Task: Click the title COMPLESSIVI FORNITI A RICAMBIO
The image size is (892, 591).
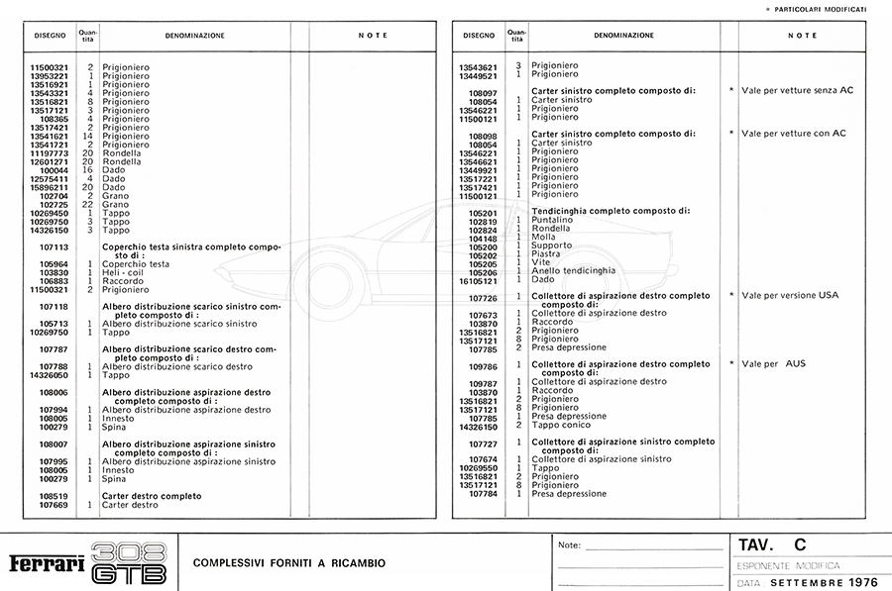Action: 289,563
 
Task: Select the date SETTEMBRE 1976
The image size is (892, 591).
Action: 817,582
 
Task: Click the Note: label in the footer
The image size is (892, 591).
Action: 570,545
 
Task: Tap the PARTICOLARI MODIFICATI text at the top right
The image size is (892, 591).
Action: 829,9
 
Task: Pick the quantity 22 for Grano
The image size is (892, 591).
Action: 88,204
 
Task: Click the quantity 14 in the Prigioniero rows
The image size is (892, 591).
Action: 88,136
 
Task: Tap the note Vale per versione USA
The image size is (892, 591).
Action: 791,295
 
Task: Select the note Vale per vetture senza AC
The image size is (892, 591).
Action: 797,90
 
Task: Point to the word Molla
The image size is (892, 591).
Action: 543,238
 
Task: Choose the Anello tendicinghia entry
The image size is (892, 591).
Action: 572,271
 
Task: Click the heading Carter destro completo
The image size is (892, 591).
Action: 152,496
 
